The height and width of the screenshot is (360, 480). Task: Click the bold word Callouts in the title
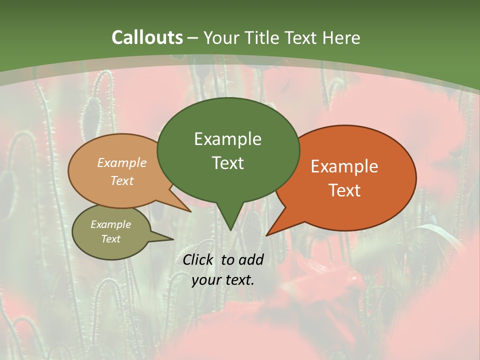147,37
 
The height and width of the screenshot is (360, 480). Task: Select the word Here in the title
341,37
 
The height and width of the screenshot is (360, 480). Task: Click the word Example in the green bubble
227,139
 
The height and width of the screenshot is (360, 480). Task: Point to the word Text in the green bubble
227,163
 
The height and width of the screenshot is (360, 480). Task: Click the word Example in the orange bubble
344,166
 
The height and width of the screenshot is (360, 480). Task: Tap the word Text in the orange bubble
344,190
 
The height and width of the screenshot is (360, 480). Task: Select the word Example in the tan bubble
122,162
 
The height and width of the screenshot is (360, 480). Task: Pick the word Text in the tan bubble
122,180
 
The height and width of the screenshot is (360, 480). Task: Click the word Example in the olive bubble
111,224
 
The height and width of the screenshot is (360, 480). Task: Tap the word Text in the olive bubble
111,239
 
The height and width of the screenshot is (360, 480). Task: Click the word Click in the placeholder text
198,259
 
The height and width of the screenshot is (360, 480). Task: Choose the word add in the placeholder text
251,259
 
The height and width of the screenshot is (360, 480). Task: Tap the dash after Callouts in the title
193,38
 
